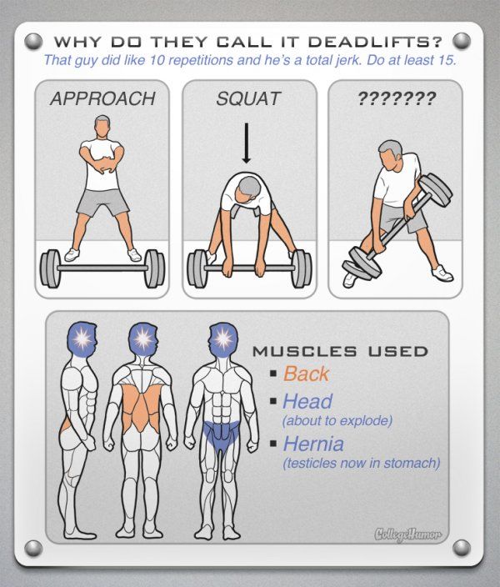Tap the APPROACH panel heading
(x=102, y=99)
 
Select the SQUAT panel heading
(x=248, y=99)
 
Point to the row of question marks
(x=397, y=98)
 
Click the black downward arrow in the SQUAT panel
(x=246, y=143)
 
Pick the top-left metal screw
(x=33, y=41)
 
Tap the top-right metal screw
(x=461, y=41)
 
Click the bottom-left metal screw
(x=33, y=548)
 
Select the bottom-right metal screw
(x=461, y=548)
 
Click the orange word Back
(x=306, y=374)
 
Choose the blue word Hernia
(x=313, y=444)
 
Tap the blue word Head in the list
(x=307, y=401)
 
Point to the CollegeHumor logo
(x=407, y=534)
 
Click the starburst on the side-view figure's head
(x=82, y=339)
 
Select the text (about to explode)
(x=337, y=421)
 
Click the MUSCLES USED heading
(x=340, y=352)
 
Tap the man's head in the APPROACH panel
(x=102, y=127)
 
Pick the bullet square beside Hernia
(x=273, y=444)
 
